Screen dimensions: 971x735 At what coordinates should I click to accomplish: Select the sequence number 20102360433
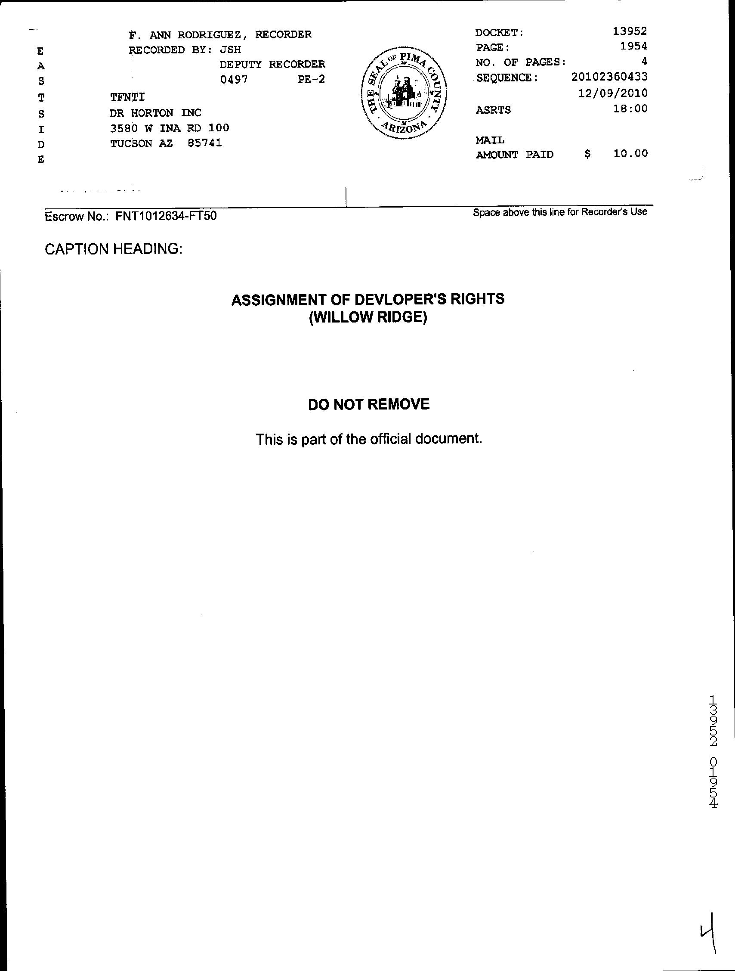tap(609, 77)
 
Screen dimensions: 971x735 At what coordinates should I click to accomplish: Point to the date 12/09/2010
tap(613, 93)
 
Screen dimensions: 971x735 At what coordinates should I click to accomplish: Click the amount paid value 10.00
tap(630, 153)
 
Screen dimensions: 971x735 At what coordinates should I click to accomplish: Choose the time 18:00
tap(630, 109)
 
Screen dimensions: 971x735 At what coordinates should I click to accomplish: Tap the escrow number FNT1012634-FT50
tap(166, 216)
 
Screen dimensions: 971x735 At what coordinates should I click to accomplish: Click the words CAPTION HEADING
tap(114, 249)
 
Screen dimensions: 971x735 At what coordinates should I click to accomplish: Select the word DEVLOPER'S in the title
tap(396, 299)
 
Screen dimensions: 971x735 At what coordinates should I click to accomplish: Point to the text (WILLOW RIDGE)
tap(368, 317)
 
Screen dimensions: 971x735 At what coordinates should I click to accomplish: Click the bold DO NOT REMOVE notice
tap(369, 404)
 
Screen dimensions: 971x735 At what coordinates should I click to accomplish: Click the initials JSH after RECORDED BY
tap(230, 50)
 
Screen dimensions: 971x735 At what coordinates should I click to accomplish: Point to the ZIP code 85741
tap(204, 143)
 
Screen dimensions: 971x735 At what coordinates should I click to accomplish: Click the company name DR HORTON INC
tap(155, 113)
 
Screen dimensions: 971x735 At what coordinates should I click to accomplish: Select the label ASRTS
tap(493, 110)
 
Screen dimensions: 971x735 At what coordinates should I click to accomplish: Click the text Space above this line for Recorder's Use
tap(560, 212)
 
